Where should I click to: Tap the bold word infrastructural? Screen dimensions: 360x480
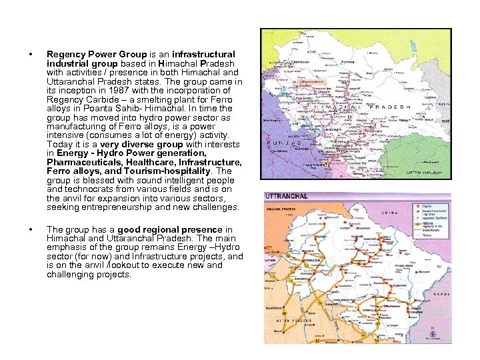[203, 54]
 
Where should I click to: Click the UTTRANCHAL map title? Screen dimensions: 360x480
[287, 197]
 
